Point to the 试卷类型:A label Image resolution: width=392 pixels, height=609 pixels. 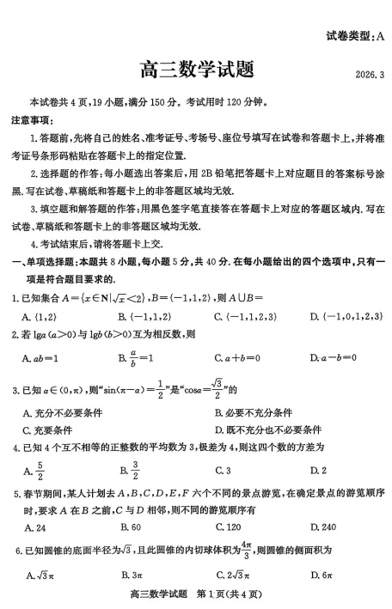[356, 36]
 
